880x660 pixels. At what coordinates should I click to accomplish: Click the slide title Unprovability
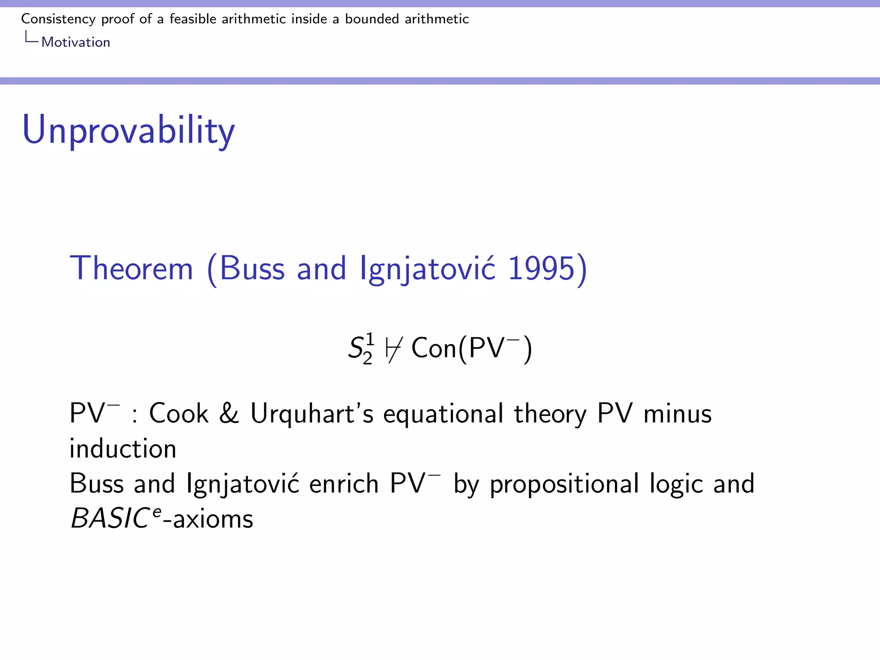click(128, 130)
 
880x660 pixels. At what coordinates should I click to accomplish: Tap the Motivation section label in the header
click(76, 42)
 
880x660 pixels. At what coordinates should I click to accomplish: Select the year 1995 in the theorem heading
click(541, 269)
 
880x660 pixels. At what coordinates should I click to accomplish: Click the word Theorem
click(131, 269)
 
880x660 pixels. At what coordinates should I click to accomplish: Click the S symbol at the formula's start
click(357, 348)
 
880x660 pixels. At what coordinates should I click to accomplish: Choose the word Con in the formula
click(434, 348)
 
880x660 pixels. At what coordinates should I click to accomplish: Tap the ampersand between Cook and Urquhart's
click(229, 413)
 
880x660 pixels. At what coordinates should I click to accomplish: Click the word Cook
click(178, 413)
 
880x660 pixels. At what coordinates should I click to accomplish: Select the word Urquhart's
click(312, 413)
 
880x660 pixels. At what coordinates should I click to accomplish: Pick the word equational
click(443, 414)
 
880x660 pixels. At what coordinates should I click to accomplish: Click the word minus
click(677, 413)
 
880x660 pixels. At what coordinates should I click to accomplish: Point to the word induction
click(123, 449)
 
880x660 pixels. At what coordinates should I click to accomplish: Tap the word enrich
click(344, 484)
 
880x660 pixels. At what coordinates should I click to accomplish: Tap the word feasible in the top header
click(193, 19)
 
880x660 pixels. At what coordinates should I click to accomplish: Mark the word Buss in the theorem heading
click(252, 269)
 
